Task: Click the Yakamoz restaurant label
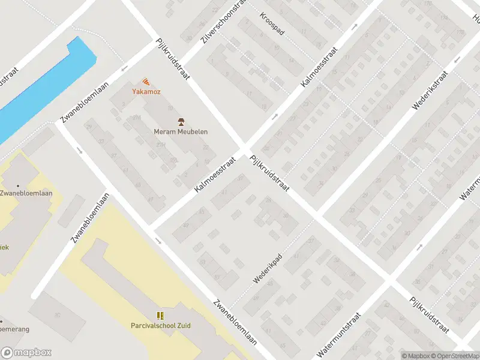tap(146, 92)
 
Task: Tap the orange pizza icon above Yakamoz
tap(146, 82)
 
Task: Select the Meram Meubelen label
tap(181, 132)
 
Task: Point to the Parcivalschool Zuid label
tap(160, 326)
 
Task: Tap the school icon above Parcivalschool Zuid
tap(160, 316)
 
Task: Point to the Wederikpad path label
tap(268, 271)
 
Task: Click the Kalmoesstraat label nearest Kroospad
tap(319, 70)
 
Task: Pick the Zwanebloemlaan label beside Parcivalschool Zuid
tap(236, 322)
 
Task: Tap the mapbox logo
tap(26, 353)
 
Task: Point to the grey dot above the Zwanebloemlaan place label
tap(17, 185)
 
